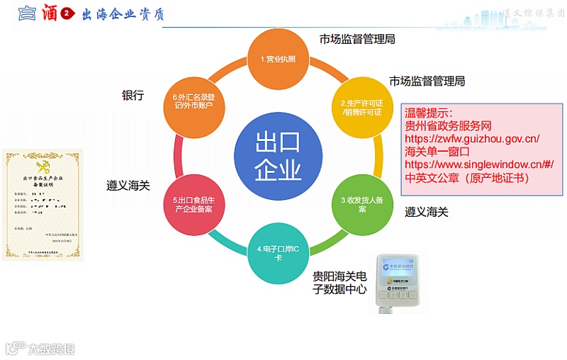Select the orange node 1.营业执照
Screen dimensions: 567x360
[277, 59]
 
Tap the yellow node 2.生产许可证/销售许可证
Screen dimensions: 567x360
[361, 107]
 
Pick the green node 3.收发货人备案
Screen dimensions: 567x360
[361, 205]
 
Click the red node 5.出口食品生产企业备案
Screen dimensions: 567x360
[193, 205]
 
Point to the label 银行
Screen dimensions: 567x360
[133, 95]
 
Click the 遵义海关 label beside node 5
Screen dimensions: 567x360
[128, 186]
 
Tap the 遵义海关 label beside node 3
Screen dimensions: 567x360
[426, 211]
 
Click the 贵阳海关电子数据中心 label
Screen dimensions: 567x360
[339, 282]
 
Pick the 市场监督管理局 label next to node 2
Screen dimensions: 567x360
[427, 81]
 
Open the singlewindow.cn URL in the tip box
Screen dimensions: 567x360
[478, 164]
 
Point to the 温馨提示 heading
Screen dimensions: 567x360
[428, 113]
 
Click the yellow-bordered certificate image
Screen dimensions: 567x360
[43, 205]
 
